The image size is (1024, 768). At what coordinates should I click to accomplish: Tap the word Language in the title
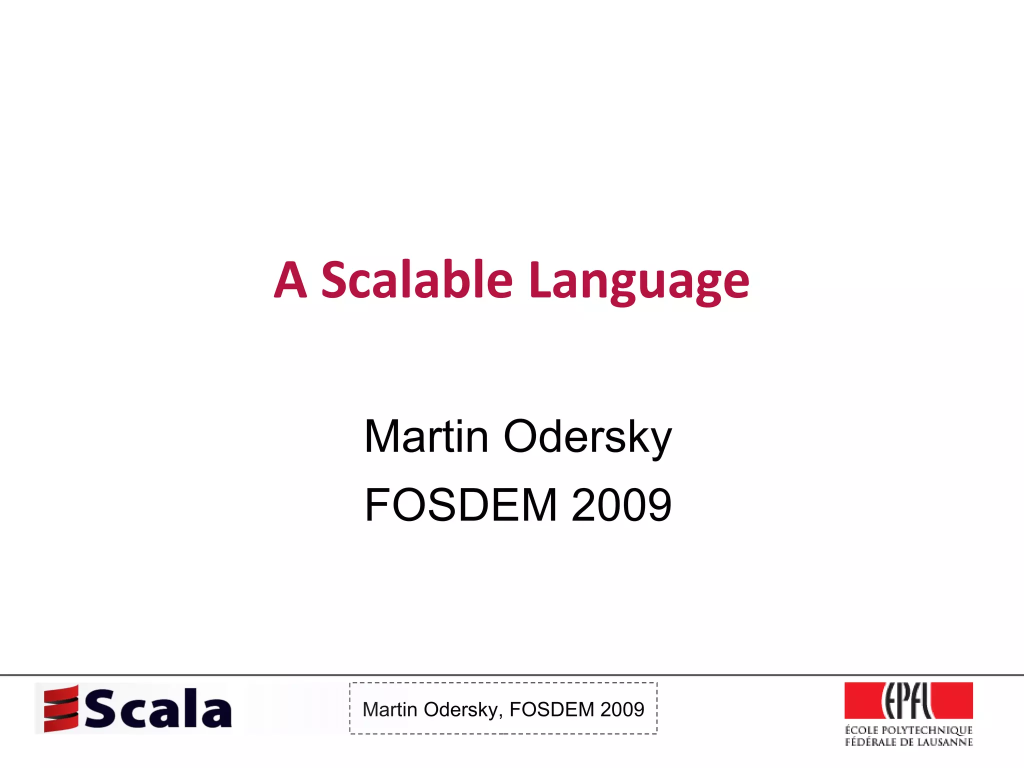click(639, 282)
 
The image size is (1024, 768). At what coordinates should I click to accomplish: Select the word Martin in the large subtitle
click(426, 436)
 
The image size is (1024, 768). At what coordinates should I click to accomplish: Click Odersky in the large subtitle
click(587, 437)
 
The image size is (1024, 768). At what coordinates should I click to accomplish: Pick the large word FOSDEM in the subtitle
click(460, 505)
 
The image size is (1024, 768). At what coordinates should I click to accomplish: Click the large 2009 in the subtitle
click(621, 505)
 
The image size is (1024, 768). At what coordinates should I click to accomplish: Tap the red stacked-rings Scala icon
click(61, 708)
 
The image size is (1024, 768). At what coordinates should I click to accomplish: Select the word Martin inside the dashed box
click(389, 709)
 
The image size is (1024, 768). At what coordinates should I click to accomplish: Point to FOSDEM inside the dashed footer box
click(551, 709)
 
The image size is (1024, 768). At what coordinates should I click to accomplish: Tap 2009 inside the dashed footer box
click(622, 709)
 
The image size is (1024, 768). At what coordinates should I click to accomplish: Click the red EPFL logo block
click(908, 700)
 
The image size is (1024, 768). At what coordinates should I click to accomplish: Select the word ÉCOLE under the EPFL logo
click(861, 730)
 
